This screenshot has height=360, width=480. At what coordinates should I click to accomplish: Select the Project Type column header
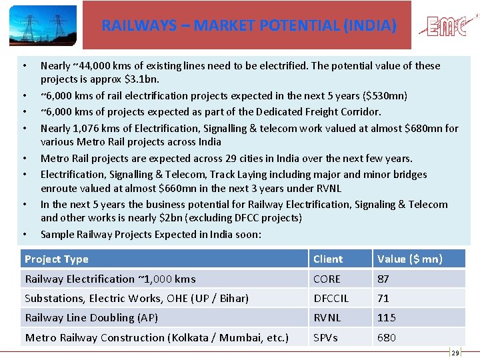(57, 259)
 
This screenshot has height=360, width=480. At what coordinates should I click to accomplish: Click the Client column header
(328, 259)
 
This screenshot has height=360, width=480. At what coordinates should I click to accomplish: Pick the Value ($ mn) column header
(409, 259)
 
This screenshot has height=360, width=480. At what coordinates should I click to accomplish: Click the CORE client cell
(327, 279)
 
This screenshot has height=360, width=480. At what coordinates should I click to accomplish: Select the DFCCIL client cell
(331, 298)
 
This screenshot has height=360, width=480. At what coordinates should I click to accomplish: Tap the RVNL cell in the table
(327, 318)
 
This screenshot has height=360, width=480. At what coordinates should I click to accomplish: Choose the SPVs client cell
(326, 337)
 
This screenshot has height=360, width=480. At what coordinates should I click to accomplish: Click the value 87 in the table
(383, 279)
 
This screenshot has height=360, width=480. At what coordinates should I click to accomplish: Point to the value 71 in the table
(383, 298)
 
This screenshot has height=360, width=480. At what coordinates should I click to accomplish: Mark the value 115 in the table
(387, 318)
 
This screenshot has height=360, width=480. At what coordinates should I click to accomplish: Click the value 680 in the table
(387, 337)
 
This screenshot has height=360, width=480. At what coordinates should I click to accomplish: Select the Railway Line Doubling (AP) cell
(91, 318)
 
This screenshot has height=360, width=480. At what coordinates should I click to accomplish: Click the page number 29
(456, 353)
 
